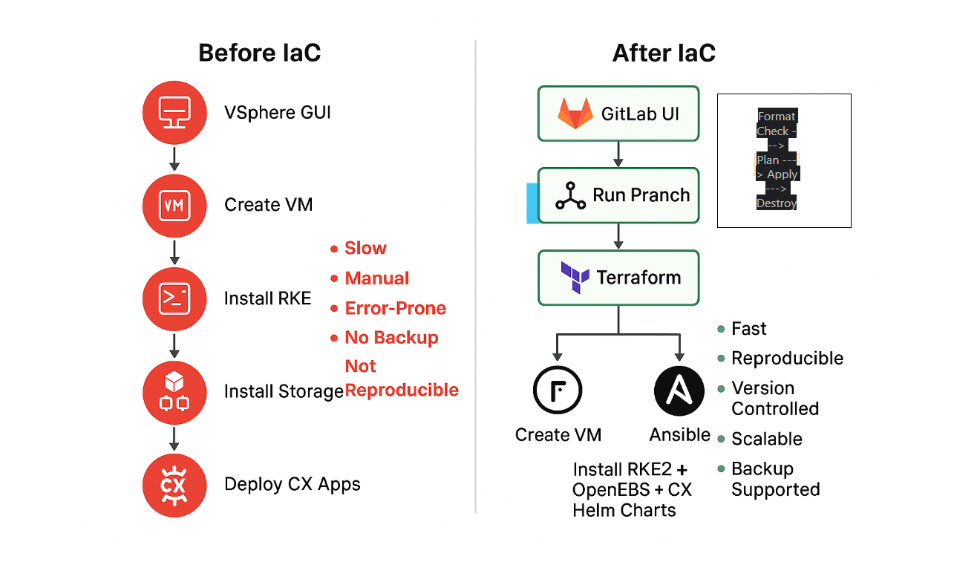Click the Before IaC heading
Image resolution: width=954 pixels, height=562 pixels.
[x=259, y=53]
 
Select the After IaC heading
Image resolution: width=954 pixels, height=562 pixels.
[x=664, y=53]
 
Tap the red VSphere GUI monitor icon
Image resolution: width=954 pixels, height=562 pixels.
[x=173, y=113]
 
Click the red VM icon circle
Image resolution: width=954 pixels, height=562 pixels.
[x=173, y=206]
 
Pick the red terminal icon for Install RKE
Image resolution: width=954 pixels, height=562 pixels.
[x=173, y=298]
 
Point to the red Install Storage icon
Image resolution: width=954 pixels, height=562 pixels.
[x=173, y=391]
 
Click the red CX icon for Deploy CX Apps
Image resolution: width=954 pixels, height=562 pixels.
[x=173, y=485]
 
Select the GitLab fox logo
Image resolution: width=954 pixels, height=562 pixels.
[x=575, y=114]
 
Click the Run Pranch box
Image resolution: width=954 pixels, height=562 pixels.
[x=618, y=195]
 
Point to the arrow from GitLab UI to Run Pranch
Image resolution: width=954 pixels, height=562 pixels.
[x=618, y=154]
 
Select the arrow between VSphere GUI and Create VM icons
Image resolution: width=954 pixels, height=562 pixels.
[x=174, y=159]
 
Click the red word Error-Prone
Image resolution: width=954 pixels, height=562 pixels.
[x=395, y=308]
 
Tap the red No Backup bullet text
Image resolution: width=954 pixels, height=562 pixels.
[x=391, y=338]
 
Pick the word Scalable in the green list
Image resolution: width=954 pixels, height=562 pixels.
[x=766, y=439]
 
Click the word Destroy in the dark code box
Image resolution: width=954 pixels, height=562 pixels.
[x=777, y=203]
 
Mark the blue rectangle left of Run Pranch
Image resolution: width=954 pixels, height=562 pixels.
[x=532, y=203]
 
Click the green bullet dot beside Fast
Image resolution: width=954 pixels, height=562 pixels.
[x=721, y=329]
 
